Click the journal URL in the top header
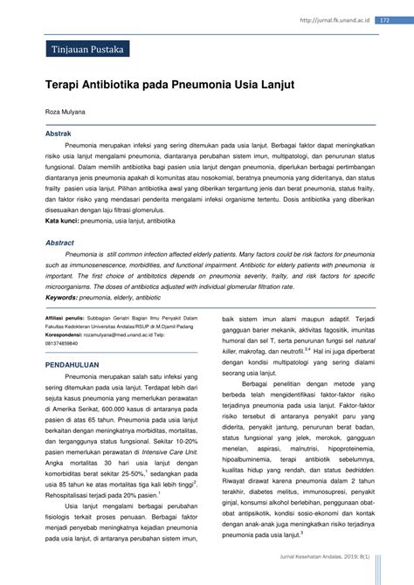point(335,19)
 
